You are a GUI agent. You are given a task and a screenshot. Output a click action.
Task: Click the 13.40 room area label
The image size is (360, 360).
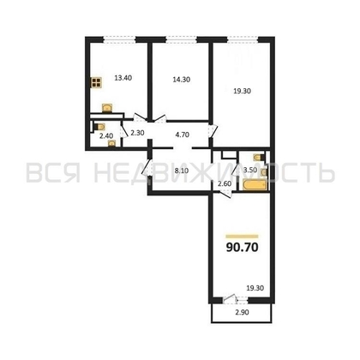[x=123, y=77]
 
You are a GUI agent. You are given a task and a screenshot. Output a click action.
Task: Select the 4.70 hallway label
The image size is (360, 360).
[x=183, y=134]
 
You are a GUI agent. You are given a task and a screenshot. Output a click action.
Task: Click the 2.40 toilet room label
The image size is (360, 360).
[x=106, y=135]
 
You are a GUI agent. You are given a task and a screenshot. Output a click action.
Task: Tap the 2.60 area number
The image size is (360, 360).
[x=223, y=184]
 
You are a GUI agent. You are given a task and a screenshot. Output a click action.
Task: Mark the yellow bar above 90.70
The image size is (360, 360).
[x=243, y=235]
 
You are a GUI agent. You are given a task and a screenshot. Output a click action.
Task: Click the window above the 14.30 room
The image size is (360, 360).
[x=179, y=39]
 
